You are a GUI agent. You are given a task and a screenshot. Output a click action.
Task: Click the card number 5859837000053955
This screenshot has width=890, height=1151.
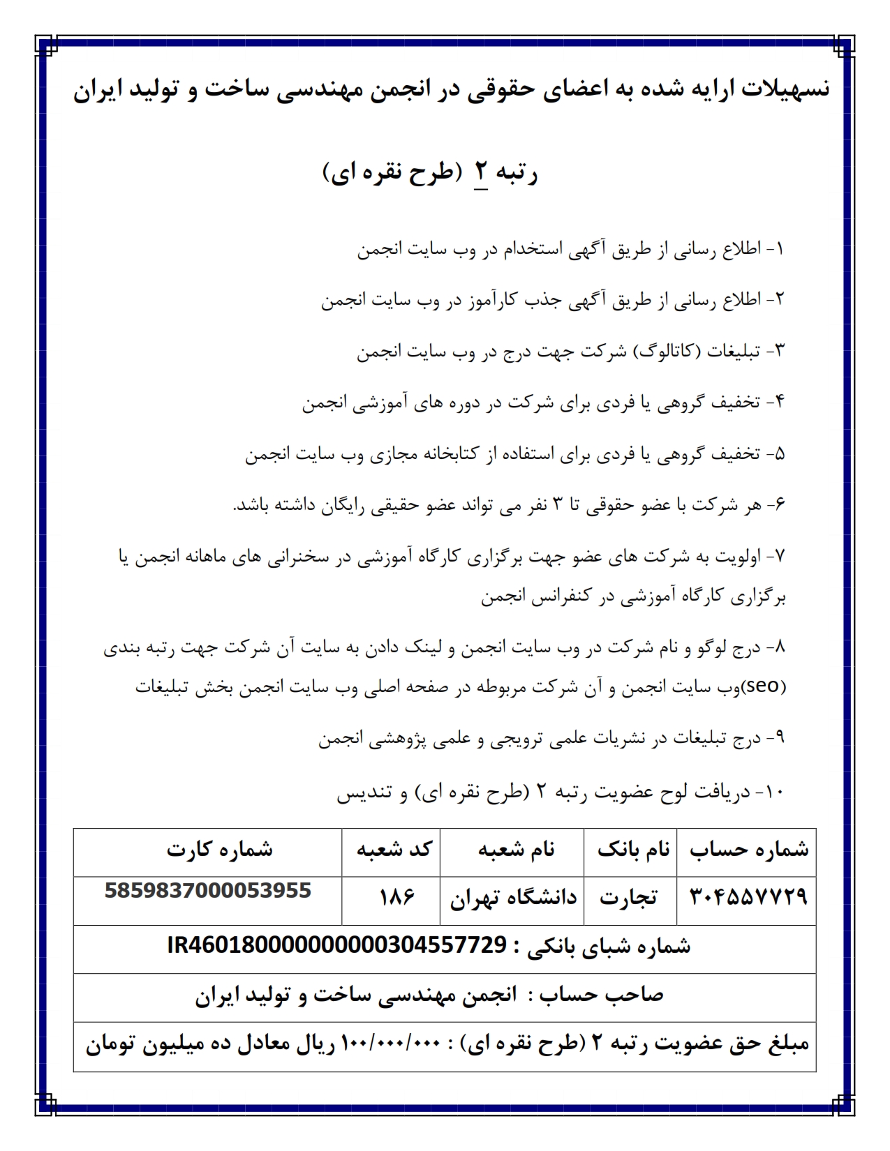pyautogui.click(x=208, y=891)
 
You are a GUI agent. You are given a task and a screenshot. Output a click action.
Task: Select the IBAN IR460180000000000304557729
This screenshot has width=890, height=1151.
pyautogui.click(x=336, y=945)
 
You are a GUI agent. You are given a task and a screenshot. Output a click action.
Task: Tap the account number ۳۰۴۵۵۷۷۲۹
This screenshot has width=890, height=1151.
pyautogui.click(x=748, y=896)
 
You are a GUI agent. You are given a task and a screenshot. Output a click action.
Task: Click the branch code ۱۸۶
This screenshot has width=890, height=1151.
pyautogui.click(x=396, y=896)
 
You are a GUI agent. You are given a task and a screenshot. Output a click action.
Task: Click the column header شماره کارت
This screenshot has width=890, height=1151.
pyautogui.click(x=219, y=849)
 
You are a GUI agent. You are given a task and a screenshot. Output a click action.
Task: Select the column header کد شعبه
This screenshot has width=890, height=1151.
pyautogui.click(x=394, y=849)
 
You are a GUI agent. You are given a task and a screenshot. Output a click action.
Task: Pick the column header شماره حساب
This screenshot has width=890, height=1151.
pyautogui.click(x=749, y=849)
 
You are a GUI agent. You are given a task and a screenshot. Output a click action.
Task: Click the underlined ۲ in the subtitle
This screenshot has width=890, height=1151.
pyautogui.click(x=482, y=172)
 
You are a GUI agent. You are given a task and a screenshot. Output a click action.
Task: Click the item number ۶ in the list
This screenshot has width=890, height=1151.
pyautogui.click(x=779, y=505)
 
